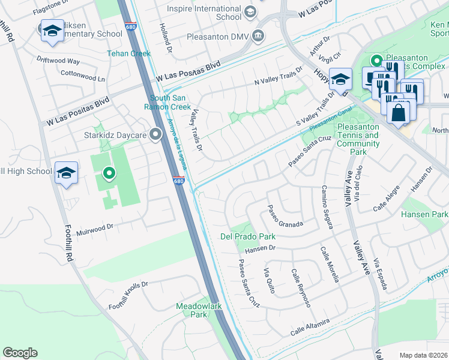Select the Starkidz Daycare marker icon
156,134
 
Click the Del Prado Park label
247,236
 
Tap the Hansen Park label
425,214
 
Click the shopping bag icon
398,112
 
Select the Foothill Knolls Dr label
127,298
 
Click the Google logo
20,353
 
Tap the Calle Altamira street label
310,328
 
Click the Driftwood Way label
58,61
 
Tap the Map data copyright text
424,355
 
